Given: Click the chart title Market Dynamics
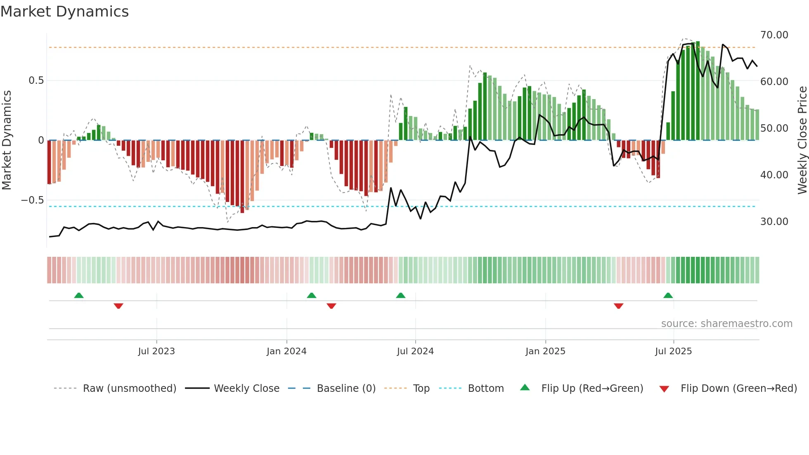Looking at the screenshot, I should [64, 12].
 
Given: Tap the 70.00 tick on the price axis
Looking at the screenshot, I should [774, 35].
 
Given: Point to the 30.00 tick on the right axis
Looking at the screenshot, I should [774, 222].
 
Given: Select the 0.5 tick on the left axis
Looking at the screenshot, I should [36, 81].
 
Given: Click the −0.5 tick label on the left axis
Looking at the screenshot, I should [33, 200].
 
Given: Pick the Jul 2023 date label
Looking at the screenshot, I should [156, 351].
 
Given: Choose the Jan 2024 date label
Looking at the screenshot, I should [286, 351].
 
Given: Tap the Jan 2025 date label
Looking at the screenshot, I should [545, 351].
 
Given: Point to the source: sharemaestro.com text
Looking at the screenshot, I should [726, 324].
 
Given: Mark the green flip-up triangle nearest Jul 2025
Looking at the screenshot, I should [668, 296].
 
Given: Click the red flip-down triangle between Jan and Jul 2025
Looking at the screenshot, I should [618, 306].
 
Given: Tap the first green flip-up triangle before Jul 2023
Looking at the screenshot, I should [79, 296].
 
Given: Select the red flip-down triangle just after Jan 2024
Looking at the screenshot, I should [331, 306].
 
